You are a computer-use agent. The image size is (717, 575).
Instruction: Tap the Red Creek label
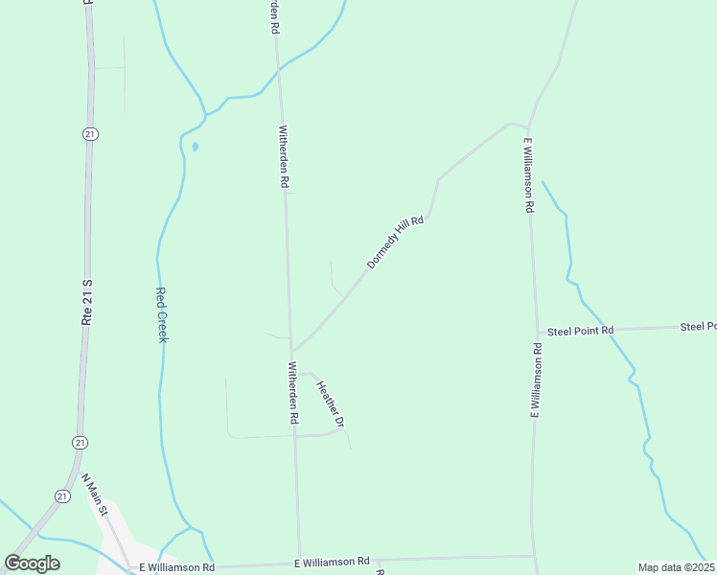(162, 315)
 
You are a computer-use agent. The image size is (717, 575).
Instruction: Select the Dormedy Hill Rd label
(395, 241)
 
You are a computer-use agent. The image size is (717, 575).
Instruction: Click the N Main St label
(97, 494)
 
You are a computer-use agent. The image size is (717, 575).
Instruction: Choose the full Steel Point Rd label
(580, 331)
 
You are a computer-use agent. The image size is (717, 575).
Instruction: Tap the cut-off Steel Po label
(698, 327)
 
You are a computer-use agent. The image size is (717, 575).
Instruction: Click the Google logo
(32, 563)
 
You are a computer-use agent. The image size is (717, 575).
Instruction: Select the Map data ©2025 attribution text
(677, 567)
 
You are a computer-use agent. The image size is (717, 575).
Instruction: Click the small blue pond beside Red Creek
(196, 148)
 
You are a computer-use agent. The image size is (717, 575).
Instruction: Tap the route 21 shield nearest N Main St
(62, 495)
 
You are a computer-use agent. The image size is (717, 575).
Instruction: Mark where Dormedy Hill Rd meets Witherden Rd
(291, 351)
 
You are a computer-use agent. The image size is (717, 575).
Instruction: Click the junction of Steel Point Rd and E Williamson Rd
(537, 333)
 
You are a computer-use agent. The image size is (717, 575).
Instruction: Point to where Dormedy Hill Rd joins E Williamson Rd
(526, 126)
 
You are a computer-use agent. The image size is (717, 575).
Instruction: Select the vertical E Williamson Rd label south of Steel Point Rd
(538, 380)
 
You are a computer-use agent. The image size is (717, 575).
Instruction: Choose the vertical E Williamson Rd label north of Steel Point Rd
(528, 175)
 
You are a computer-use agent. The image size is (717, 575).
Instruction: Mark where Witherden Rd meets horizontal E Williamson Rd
(300, 562)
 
